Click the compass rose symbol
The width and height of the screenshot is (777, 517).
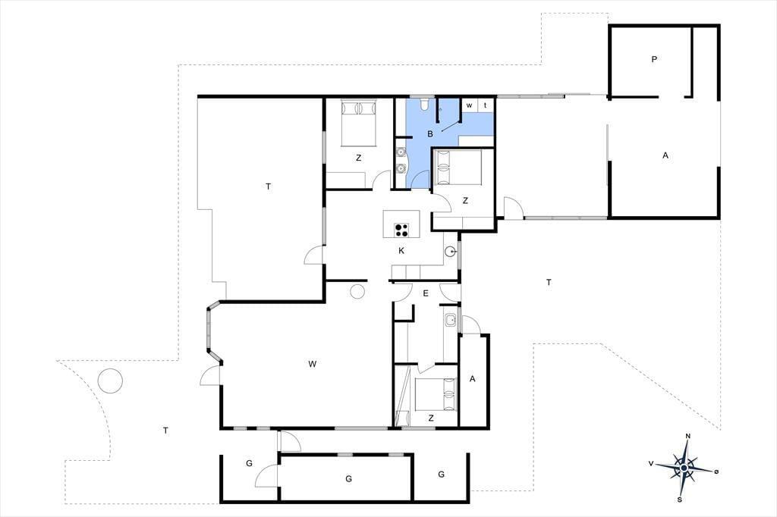coord(684,468)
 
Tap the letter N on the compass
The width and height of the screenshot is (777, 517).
coord(687,436)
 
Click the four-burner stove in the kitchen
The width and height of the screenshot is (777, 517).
coord(401,230)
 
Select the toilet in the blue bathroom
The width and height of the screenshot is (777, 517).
coord(424,105)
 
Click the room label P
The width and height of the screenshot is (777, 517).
coord(654,59)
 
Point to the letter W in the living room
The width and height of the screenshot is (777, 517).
coord(312,364)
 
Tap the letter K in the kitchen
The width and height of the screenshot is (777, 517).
coord(401,251)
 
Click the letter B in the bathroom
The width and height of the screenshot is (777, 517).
coord(430,133)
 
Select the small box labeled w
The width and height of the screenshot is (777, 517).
coord(469,105)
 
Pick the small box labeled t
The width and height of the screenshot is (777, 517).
coord(486,105)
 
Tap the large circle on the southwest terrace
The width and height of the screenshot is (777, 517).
coord(110,381)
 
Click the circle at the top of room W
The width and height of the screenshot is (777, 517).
coord(357,292)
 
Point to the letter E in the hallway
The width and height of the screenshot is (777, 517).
coord(426,293)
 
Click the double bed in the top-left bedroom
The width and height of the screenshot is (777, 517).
coord(359,124)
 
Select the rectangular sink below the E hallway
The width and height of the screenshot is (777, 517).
coord(450,320)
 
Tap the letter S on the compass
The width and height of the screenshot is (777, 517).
coord(679,499)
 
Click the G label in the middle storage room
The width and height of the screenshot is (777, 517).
coord(349,479)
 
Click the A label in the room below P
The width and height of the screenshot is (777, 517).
coord(665,155)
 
